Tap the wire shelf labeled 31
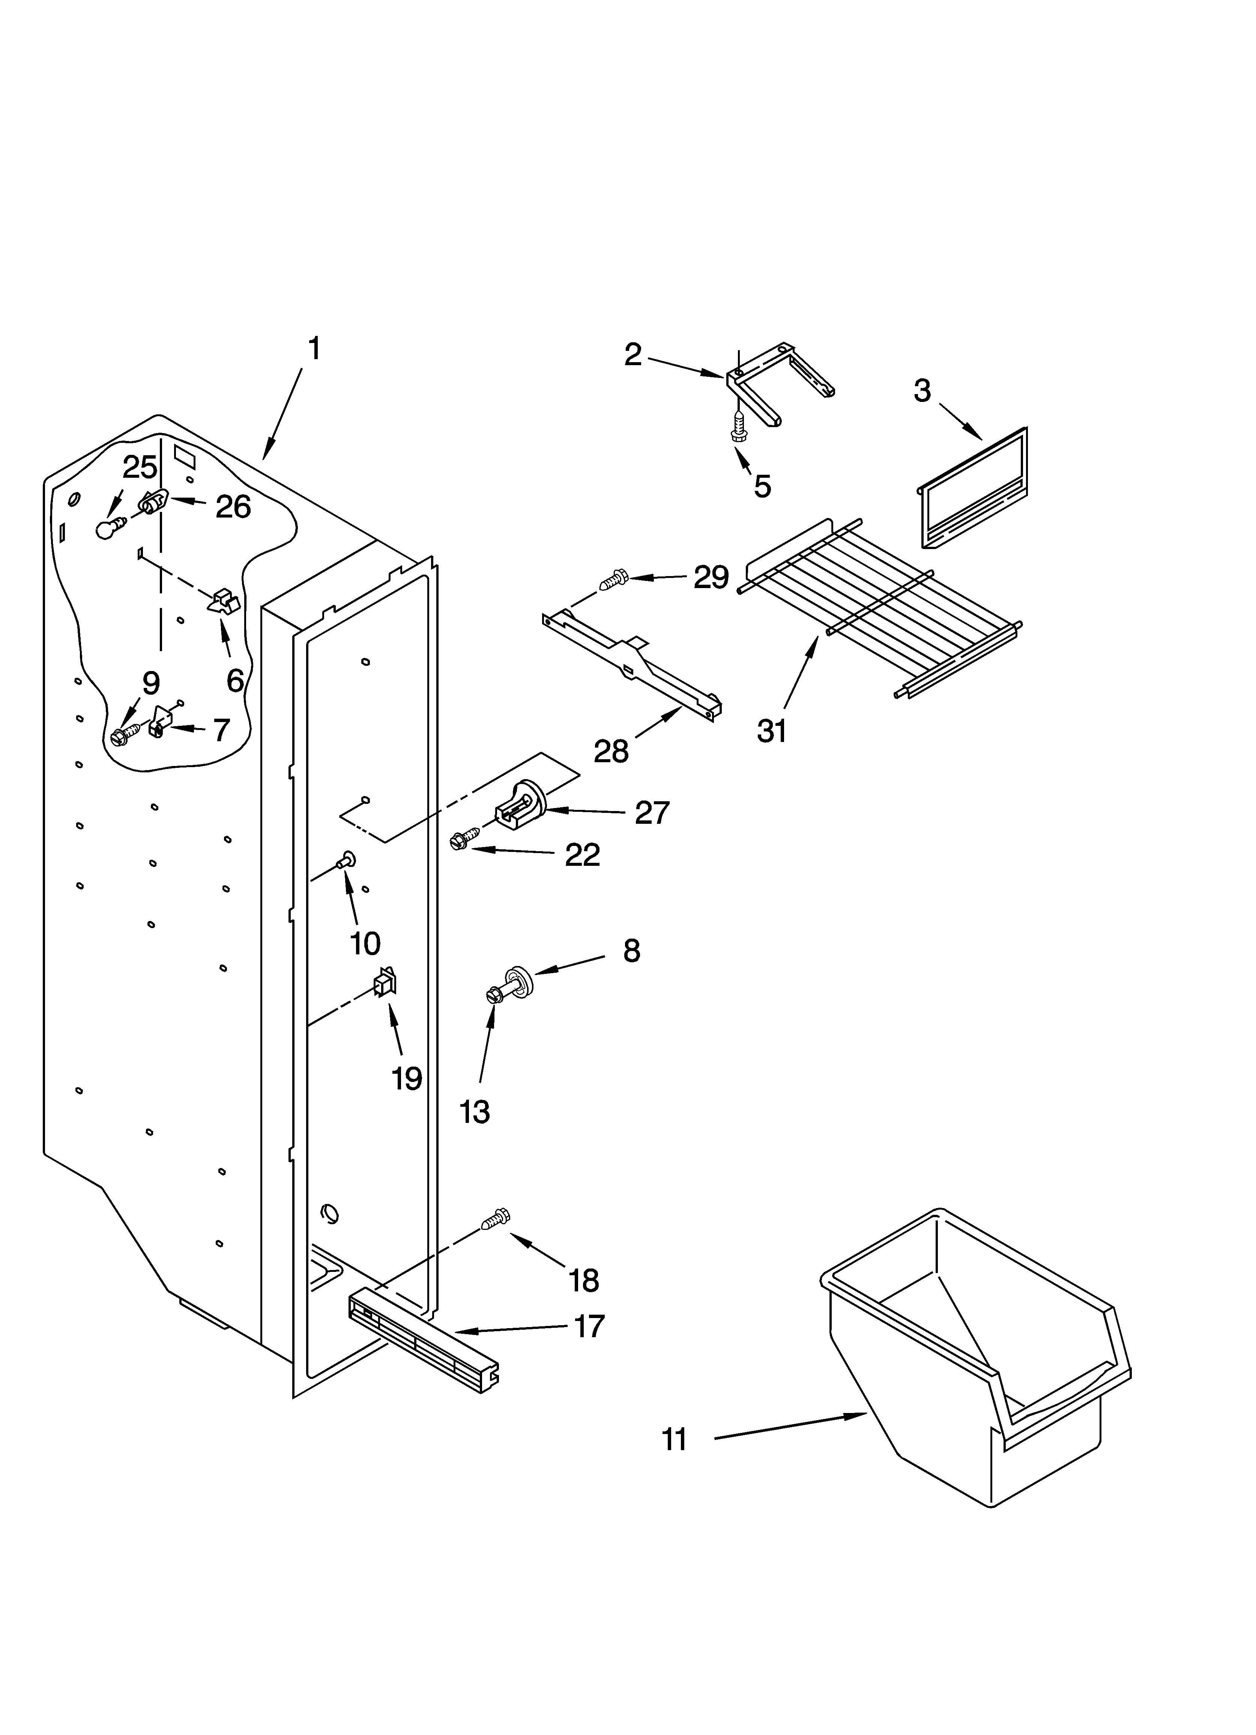pyautogui.click(x=880, y=604)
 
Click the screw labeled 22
pyautogui.click(x=464, y=839)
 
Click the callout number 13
pyautogui.click(x=474, y=1112)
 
